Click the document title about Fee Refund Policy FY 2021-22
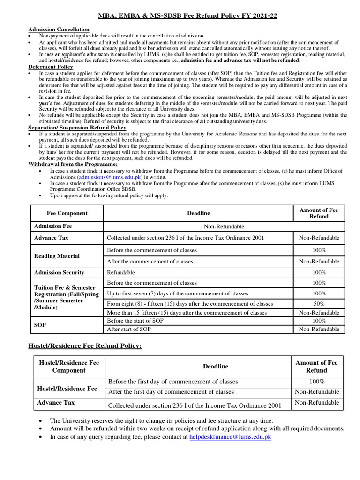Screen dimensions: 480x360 pos(187,16)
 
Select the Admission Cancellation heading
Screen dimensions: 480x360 pos(59,30)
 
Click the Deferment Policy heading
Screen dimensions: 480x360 pos(51,67)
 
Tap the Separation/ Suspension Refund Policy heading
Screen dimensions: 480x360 pos(77,127)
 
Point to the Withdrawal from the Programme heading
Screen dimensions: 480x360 pos(73,164)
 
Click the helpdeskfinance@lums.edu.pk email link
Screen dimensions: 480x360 pos(230,437)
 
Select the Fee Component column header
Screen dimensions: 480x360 pos(67,213)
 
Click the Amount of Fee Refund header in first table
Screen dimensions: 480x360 pos(319,213)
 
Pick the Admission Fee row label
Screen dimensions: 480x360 pos(53,226)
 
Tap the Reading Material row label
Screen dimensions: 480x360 pos(57,256)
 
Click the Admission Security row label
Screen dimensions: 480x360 pos(59,272)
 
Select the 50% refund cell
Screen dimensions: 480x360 pos(319,304)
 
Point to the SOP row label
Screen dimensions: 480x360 pos(40,325)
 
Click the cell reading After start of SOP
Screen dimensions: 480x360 pos(129,329)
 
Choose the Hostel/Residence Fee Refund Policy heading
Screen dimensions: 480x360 pos(85,345)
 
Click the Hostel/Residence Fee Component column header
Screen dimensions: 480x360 pos(69,367)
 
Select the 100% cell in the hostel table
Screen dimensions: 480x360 pos(317,382)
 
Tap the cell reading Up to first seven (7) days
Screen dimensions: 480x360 pos(178,293)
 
